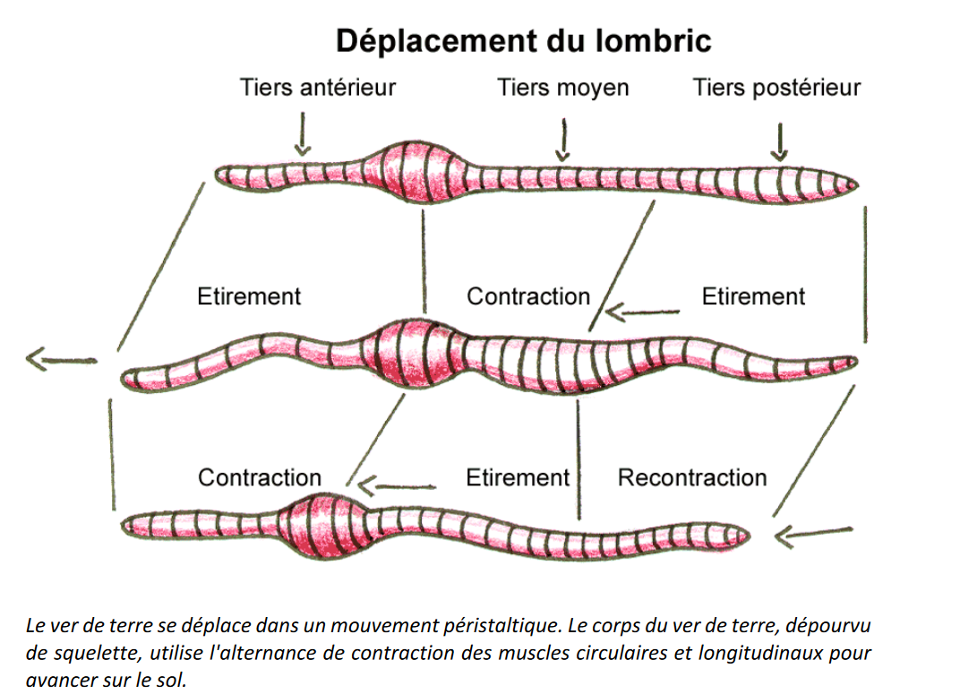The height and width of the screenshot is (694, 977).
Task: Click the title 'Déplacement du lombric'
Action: point(523,40)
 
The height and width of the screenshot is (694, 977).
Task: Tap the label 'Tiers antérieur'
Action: point(317,88)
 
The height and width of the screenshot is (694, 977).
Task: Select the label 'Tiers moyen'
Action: point(563,88)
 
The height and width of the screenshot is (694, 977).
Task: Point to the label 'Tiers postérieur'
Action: point(776,88)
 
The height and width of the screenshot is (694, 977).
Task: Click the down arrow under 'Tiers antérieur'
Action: point(303,133)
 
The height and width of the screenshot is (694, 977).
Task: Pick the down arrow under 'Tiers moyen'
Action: point(563,140)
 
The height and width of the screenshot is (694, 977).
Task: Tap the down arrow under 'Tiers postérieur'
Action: point(780,141)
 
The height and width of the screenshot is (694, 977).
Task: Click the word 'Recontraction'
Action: point(692,477)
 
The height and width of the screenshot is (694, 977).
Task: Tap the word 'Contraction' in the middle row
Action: point(528,296)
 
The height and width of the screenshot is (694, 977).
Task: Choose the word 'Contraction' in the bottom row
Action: point(260,477)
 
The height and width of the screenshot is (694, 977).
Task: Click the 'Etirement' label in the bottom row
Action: point(518,477)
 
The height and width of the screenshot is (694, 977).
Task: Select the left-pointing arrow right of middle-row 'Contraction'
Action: point(641,313)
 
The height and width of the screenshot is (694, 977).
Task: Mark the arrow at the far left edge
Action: point(60,360)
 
